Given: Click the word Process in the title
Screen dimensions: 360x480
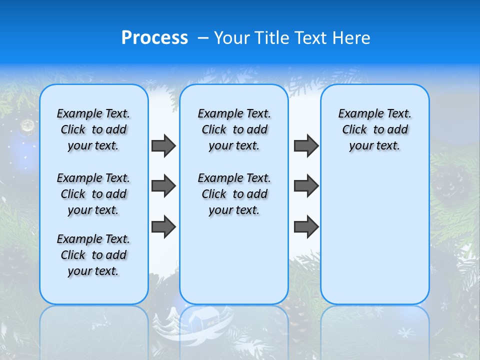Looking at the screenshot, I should [x=154, y=38].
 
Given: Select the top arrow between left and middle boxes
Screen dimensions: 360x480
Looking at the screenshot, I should [x=163, y=145].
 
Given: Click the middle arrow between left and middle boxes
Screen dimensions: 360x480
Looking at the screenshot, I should [x=163, y=186].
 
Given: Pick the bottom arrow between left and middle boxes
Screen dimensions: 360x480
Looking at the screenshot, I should [x=163, y=226].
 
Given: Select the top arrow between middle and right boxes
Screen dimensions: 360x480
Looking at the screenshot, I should [x=306, y=145].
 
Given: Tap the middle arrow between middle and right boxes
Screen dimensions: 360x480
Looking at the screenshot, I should [x=306, y=186].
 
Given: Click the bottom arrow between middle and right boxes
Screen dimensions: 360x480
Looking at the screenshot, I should [x=306, y=226].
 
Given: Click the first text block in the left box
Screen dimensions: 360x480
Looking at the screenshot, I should [x=93, y=129].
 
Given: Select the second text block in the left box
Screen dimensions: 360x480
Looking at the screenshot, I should [x=93, y=194].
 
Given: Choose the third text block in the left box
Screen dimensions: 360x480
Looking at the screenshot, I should [x=93, y=255].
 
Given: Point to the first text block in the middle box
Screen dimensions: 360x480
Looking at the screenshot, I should [x=234, y=129].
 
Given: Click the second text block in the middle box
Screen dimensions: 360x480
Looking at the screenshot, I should [x=234, y=194].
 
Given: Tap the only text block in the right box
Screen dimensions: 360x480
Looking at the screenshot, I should [x=374, y=129].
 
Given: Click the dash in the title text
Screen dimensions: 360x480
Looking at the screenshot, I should [x=202, y=38].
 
